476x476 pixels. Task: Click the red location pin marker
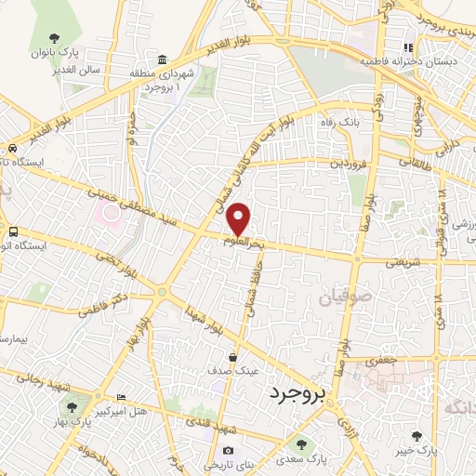[x=239, y=218]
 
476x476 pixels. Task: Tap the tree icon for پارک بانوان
[x=55, y=38]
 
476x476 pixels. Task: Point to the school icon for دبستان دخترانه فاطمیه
[x=407, y=47]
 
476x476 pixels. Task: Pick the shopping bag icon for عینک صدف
[x=232, y=356]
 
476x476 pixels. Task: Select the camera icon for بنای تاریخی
[x=228, y=452]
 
